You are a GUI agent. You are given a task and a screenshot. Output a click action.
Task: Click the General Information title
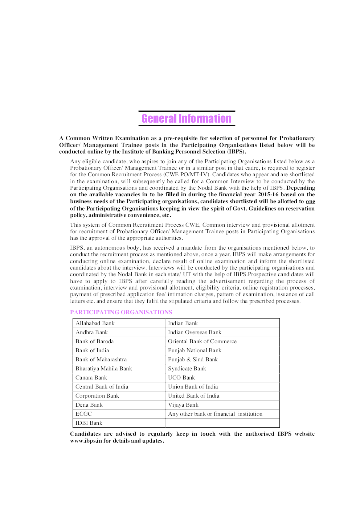(186, 119)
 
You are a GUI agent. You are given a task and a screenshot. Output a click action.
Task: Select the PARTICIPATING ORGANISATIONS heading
(121, 312)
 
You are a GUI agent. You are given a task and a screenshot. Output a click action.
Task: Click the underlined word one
(310, 201)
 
